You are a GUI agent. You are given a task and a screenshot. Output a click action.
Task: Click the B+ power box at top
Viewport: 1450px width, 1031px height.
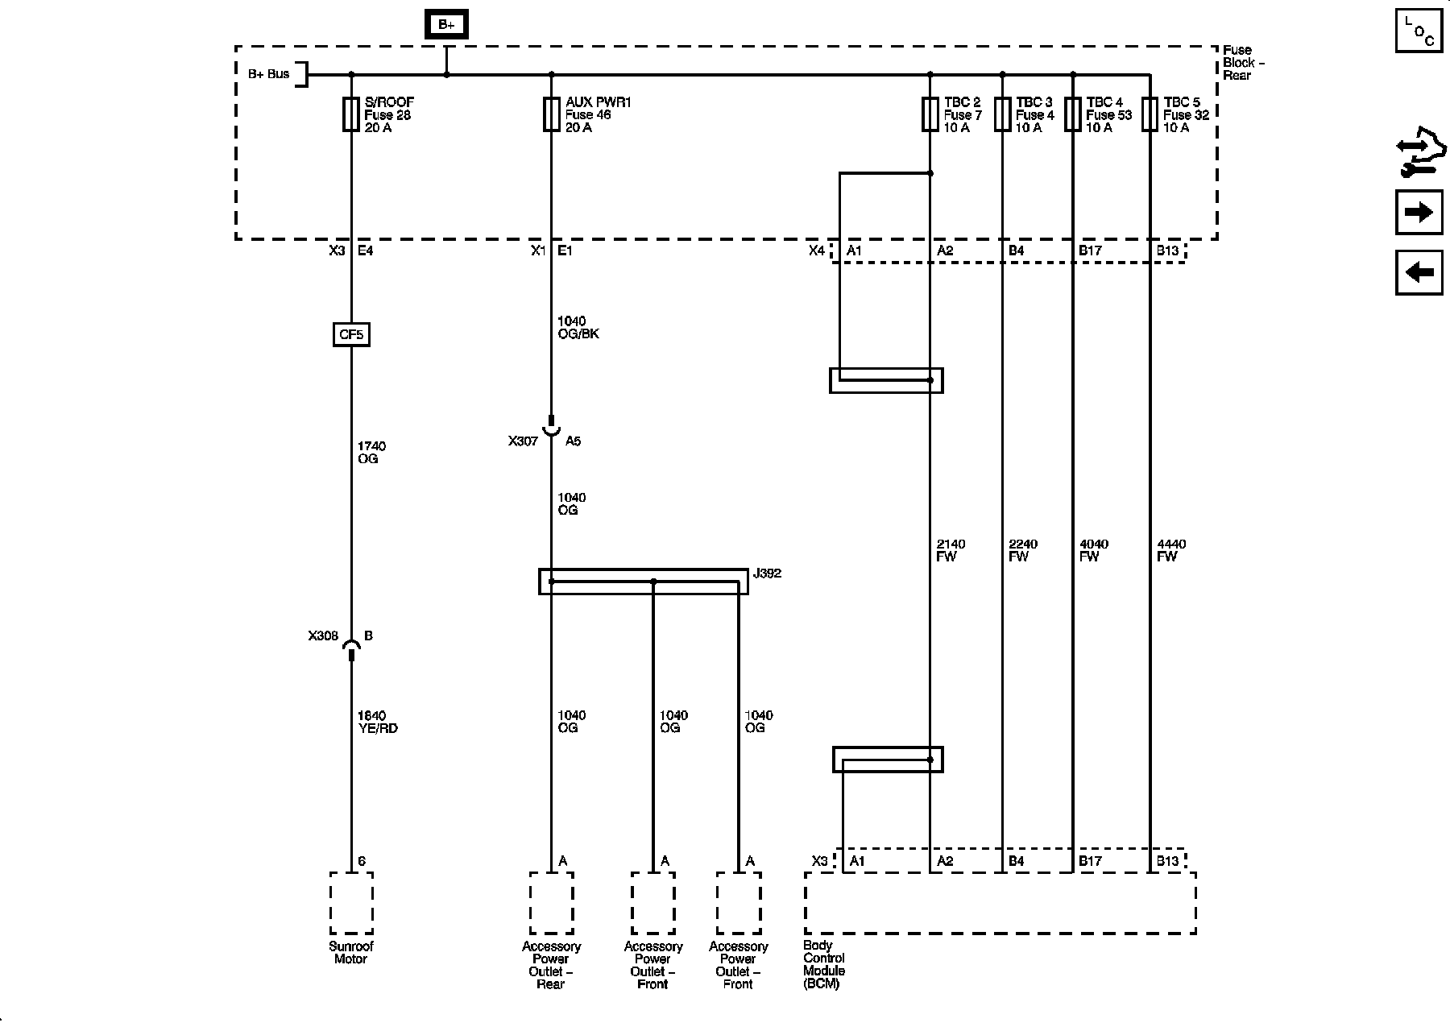tap(446, 25)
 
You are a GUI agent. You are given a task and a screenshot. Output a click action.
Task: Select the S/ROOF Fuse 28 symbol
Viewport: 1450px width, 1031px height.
tap(351, 114)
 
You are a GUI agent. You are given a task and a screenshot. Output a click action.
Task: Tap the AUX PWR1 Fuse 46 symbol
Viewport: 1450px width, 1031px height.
tap(551, 114)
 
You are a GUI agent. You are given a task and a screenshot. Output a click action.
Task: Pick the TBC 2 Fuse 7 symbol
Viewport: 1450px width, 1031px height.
tap(930, 114)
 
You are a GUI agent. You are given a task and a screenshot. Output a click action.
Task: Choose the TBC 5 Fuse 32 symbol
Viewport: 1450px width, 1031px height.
tap(1150, 114)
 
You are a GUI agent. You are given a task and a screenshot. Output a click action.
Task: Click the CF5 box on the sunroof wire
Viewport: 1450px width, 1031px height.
tap(351, 334)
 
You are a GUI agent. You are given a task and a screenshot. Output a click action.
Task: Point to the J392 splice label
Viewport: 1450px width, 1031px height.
tap(767, 573)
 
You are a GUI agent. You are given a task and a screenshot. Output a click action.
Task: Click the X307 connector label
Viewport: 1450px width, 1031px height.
tap(523, 441)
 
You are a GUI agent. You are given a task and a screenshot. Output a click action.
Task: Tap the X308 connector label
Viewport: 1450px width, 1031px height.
tap(323, 636)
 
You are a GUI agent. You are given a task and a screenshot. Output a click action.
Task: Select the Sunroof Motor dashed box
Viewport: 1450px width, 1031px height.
tap(351, 903)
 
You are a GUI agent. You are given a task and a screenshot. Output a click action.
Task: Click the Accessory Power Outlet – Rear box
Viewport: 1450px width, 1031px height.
tap(551, 903)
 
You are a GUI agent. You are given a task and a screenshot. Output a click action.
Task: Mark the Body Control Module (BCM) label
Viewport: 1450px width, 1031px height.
tap(824, 965)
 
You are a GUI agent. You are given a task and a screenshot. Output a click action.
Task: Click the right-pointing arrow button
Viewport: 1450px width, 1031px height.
tap(1419, 213)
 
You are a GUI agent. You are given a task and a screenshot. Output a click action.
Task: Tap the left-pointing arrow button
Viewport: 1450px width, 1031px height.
tap(1419, 272)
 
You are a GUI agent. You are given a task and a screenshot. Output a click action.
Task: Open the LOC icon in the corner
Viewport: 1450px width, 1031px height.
tap(1419, 31)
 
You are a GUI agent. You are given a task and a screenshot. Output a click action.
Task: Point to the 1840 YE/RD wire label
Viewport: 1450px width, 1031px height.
tap(377, 722)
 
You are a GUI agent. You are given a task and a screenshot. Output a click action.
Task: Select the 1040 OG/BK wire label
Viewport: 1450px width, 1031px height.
tap(578, 328)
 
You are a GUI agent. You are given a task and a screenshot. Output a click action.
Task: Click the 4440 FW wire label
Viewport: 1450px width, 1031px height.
tap(1171, 550)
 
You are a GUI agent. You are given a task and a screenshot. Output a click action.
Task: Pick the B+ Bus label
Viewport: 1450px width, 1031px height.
tap(268, 74)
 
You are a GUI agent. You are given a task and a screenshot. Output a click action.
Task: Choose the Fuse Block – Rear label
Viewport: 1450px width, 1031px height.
tap(1243, 63)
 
